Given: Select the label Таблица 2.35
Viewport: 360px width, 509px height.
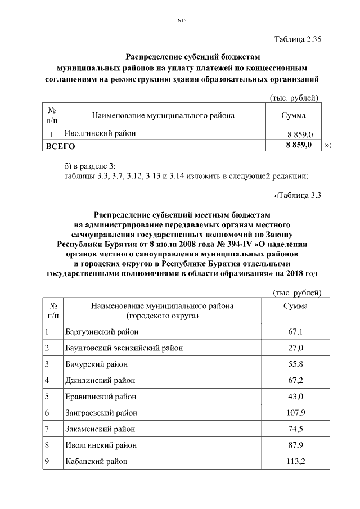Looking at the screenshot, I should coord(296,40).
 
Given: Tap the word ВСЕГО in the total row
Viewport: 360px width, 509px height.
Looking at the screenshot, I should coord(60,146).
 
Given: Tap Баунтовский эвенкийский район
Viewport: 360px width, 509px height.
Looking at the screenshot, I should coord(124,348).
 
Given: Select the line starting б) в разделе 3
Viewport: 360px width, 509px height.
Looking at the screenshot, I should coord(89,166).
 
